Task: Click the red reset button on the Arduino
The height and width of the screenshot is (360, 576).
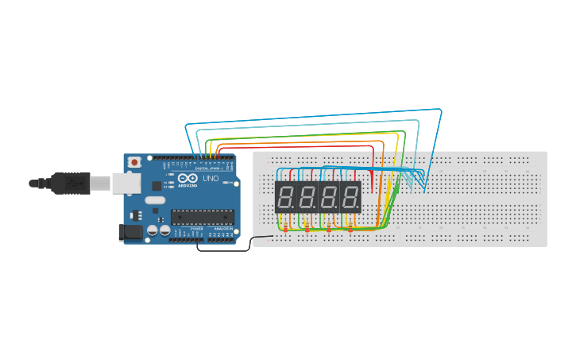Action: (x=134, y=162)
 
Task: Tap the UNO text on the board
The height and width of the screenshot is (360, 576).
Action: (x=211, y=179)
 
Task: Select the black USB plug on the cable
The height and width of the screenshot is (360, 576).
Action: (x=70, y=184)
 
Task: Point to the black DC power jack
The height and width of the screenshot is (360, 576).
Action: (x=130, y=232)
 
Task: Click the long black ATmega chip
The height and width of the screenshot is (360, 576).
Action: (x=203, y=217)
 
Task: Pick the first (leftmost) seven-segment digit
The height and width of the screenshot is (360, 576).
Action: (x=286, y=196)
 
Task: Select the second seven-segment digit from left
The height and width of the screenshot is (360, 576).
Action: (x=307, y=196)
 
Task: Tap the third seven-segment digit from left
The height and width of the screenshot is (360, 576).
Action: (x=329, y=196)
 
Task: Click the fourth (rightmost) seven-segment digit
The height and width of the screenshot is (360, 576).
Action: (x=350, y=196)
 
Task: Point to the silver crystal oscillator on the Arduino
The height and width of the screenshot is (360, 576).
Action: (x=156, y=200)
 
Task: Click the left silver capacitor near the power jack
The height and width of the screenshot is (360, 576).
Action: (x=152, y=230)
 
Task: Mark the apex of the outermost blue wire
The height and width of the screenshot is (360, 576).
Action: (x=439, y=109)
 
